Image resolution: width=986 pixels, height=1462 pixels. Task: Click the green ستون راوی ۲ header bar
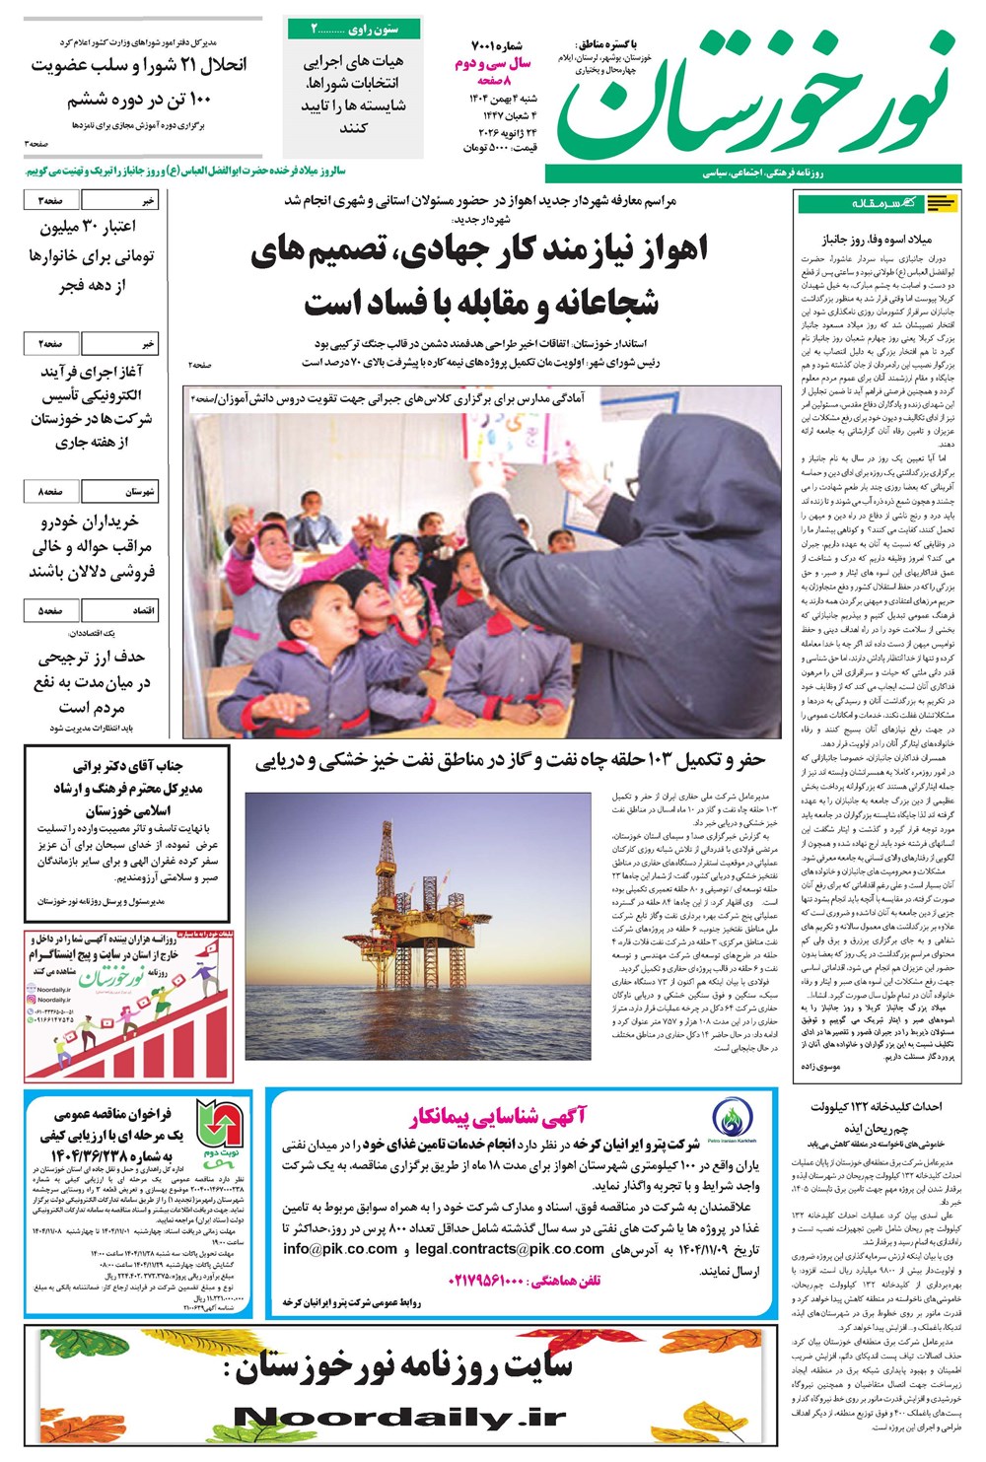[x=356, y=30]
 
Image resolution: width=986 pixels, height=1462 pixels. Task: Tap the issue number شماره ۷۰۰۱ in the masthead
[x=499, y=46]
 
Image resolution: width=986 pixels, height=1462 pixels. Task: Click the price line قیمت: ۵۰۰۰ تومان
[x=500, y=147]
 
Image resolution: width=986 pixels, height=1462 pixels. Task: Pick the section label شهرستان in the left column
[x=139, y=491]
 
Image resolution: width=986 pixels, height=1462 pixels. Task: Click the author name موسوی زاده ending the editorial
[x=820, y=1067]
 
